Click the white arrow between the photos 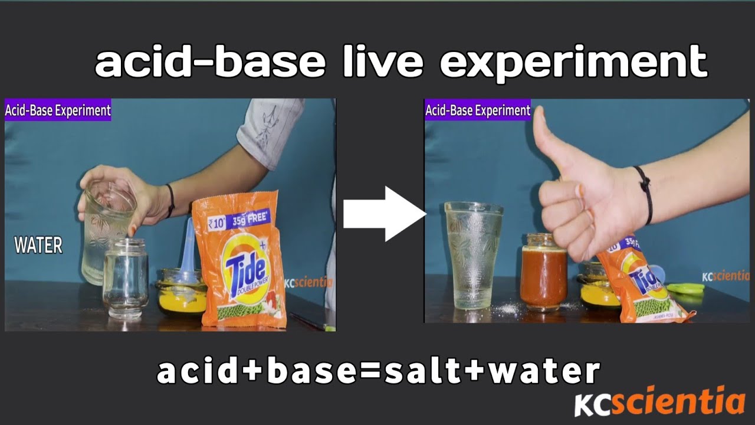[x=383, y=214]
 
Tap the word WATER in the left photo [x=38, y=246]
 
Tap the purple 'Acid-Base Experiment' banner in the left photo [x=58, y=110]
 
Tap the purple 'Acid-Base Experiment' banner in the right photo [x=478, y=110]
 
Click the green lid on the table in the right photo [x=685, y=289]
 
